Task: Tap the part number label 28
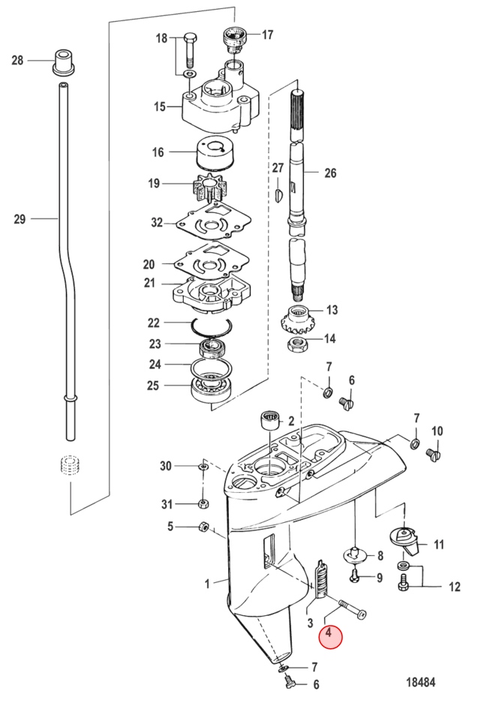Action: point(17,60)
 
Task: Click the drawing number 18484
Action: point(420,682)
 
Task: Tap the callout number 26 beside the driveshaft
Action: point(330,173)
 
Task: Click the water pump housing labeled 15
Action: point(221,101)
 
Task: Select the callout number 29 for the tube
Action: point(20,219)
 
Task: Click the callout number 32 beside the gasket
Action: point(157,223)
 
